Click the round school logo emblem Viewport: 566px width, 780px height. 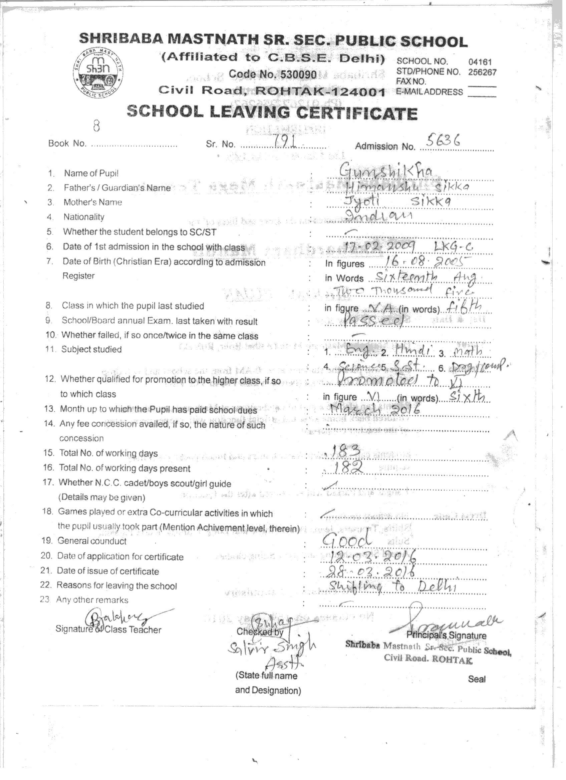coord(99,71)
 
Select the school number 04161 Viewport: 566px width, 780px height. coord(480,62)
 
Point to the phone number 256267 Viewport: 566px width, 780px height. coord(482,72)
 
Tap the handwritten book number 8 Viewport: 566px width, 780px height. coord(97,127)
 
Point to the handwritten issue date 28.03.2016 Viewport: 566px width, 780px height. coord(367,571)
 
